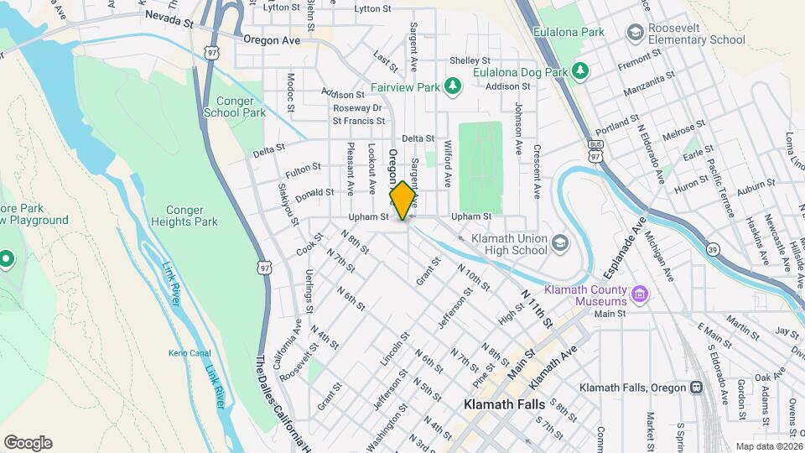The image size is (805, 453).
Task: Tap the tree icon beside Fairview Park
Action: (453, 86)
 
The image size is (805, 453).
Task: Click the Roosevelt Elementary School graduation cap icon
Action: (636, 32)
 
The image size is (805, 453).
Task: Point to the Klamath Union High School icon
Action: (559, 242)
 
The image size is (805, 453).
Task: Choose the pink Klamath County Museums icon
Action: (640, 294)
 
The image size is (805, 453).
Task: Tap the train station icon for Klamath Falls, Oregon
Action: (695, 388)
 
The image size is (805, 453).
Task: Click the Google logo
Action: (28, 442)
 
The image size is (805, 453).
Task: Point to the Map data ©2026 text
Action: (768, 446)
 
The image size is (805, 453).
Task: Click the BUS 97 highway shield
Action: (595, 151)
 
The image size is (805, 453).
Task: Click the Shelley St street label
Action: (470, 60)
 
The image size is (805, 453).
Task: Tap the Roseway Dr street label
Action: (357, 107)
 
